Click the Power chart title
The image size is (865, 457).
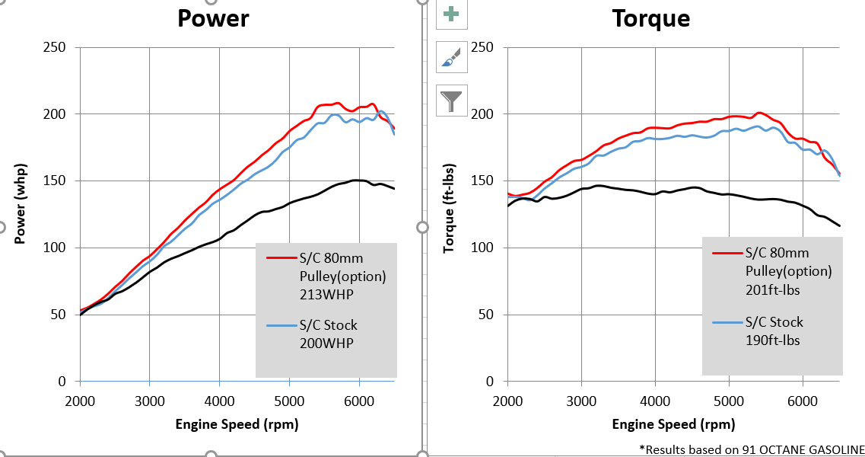[x=213, y=18]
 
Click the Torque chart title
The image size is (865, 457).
[x=651, y=18]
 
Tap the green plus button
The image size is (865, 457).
[x=451, y=14]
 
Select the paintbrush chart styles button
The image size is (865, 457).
[x=451, y=57]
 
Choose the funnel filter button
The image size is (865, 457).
[x=451, y=101]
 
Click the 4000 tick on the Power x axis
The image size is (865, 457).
[x=219, y=401]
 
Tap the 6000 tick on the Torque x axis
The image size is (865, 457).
[x=803, y=401]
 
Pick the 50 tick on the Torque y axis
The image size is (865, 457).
[x=485, y=315]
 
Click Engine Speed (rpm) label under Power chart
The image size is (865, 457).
[x=237, y=424]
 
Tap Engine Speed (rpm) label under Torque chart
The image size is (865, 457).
[x=673, y=424]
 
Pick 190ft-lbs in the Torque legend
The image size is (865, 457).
[x=772, y=340]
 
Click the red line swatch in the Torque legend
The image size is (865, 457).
[x=726, y=252]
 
